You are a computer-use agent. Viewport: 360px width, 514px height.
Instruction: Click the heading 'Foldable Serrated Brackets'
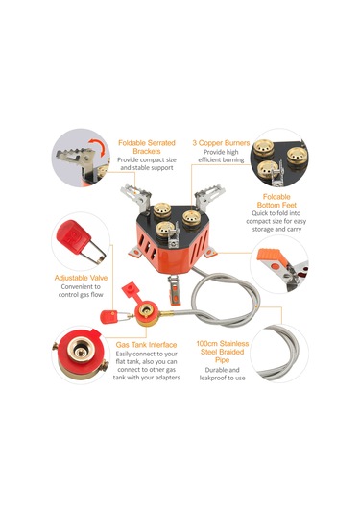pyautogui.click(x=147, y=147)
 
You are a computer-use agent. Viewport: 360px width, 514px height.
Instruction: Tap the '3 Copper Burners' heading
pyautogui.click(x=221, y=143)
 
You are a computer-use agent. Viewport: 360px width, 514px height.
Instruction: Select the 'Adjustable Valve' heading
pyautogui.click(x=81, y=278)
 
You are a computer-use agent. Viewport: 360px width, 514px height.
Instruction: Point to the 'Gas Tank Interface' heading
pyautogui.click(x=146, y=345)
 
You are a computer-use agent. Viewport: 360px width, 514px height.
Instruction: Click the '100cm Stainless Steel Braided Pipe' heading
pyautogui.click(x=223, y=352)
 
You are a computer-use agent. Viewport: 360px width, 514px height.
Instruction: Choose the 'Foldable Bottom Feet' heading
pyautogui.click(x=276, y=201)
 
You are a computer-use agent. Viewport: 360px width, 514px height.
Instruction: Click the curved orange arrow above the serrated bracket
pyautogui.click(x=98, y=147)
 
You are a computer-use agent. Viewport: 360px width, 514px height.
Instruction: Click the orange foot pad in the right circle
pyautogui.click(x=269, y=255)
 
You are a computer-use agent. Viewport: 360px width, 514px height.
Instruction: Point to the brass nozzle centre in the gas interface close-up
pyautogui.click(x=80, y=350)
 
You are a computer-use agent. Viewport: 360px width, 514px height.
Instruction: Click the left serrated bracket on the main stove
pyautogui.click(x=135, y=196)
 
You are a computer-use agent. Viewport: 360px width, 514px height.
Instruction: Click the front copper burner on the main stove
pyautogui.click(x=165, y=229)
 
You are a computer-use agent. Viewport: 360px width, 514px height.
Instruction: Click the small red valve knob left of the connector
pyautogui.click(x=109, y=317)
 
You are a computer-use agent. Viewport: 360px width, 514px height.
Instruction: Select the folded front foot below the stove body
pyautogui.click(x=174, y=290)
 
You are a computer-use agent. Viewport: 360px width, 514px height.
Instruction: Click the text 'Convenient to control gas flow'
pyautogui.click(x=81, y=291)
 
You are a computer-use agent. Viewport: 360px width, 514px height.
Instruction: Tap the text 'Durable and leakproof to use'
pyautogui.click(x=222, y=374)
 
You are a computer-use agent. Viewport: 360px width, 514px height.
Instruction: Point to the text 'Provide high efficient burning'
pyautogui.click(x=221, y=156)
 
